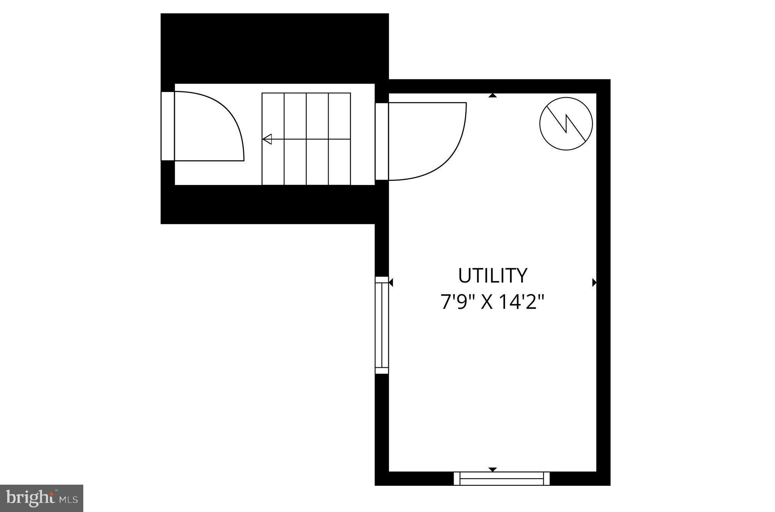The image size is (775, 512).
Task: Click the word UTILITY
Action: tap(492, 276)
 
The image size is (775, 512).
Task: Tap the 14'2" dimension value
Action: tap(521, 302)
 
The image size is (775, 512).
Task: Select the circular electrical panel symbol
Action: tap(566, 123)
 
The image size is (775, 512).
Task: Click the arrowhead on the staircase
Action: tap(267, 139)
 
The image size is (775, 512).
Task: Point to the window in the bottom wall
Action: tap(502, 479)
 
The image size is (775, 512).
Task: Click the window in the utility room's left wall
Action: tap(381, 325)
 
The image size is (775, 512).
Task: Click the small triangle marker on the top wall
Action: tap(492, 96)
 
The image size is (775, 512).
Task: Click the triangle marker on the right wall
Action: tap(594, 282)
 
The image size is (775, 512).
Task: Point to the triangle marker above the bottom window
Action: tap(492, 469)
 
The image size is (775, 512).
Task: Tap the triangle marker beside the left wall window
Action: tap(391, 282)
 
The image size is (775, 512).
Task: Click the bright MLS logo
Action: tap(41, 498)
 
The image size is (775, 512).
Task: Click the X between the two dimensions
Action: tap(487, 302)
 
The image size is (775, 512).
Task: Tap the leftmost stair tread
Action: tap(273, 139)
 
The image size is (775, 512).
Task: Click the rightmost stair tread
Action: tap(339, 139)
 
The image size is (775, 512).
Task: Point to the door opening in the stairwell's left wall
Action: tap(168, 126)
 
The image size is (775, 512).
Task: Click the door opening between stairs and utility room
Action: tap(381, 141)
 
